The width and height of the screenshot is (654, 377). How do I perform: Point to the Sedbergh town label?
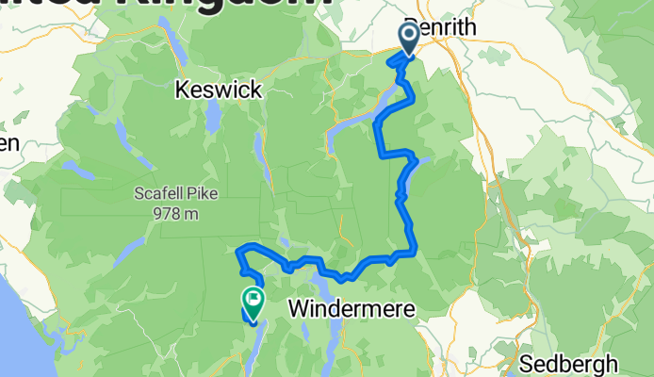click(x=572, y=363)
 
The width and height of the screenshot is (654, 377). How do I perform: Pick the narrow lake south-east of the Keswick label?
click(x=256, y=147)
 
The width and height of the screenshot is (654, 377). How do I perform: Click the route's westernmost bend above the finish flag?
click(x=237, y=252)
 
